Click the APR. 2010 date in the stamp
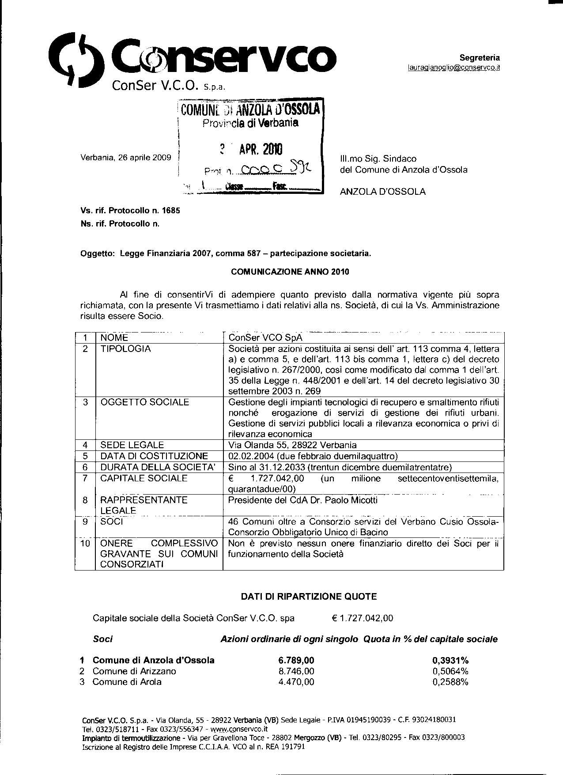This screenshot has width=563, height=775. coord(261,149)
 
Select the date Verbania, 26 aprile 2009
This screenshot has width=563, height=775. coord(125,157)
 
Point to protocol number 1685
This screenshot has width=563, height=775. coord(171,211)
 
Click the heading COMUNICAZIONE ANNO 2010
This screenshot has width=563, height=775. coord(290,272)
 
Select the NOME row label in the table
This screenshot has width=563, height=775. coord(114,338)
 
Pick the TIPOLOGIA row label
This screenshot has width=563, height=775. coord(125,349)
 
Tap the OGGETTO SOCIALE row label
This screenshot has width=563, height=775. coord(144,402)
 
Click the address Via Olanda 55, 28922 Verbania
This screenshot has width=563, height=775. coord(292,445)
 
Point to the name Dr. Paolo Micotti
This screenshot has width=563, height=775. coord(342,500)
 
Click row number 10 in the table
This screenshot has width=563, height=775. coord(85,543)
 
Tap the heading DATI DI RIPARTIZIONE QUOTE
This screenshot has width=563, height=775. coord(309,597)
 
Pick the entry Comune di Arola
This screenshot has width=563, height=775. coord(127,682)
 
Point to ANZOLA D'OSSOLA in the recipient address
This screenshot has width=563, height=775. coord(382,192)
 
